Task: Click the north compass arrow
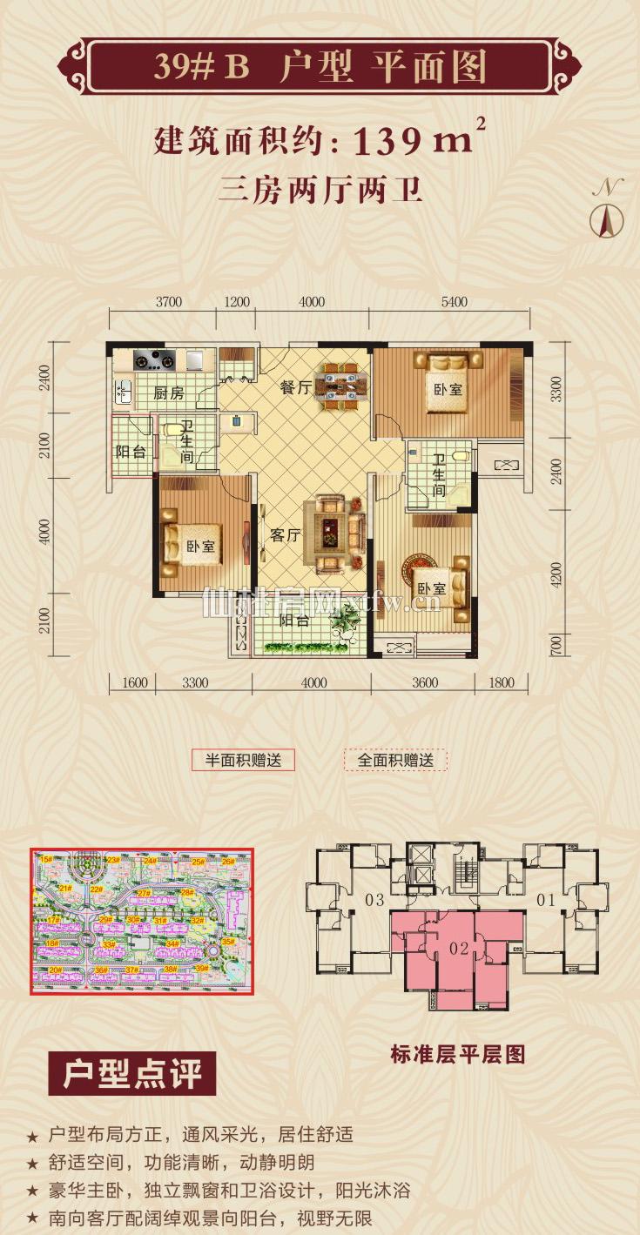[607, 219]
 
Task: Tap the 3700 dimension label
[168, 303]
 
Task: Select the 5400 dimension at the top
[455, 303]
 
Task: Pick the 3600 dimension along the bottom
[424, 683]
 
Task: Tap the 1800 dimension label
[501, 683]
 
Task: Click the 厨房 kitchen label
[169, 393]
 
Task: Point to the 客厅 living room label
[285, 536]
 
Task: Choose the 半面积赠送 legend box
[243, 760]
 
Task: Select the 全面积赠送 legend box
[395, 760]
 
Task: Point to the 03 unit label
[374, 900]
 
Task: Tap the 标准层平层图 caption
[459, 1055]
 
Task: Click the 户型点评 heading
[132, 1075]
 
